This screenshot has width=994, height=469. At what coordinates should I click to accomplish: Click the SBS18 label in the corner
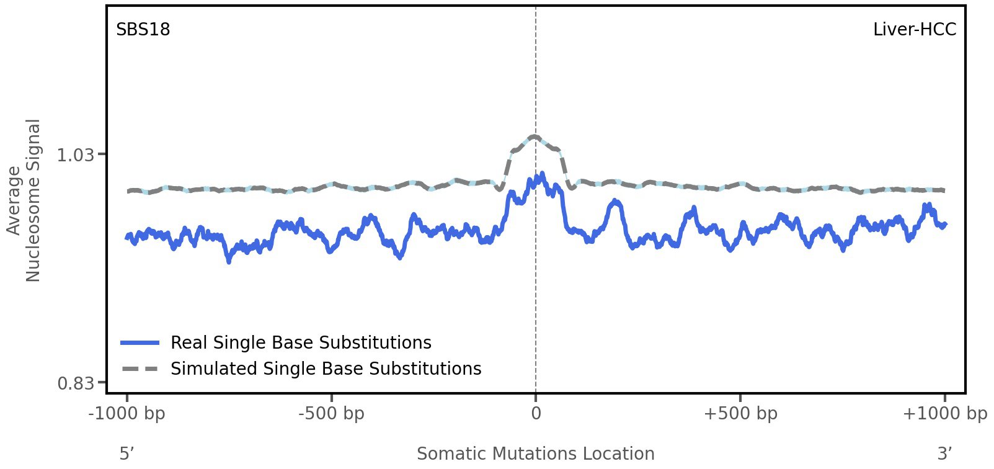pyautogui.click(x=143, y=30)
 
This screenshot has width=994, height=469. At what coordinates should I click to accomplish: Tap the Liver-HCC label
pyautogui.click(x=914, y=30)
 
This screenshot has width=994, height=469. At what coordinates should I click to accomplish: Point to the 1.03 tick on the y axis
pyautogui.click(x=75, y=154)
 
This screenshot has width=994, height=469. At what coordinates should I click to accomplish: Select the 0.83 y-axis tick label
pyautogui.click(x=75, y=383)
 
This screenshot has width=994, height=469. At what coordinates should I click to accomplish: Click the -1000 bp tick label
pyautogui.click(x=127, y=414)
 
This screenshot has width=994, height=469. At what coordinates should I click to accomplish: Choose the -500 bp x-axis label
pyautogui.click(x=331, y=414)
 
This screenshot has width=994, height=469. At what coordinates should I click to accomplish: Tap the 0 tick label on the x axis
pyautogui.click(x=536, y=414)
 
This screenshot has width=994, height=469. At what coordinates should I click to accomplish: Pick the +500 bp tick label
pyautogui.click(x=740, y=414)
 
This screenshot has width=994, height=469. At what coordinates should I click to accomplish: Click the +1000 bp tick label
pyautogui.click(x=944, y=414)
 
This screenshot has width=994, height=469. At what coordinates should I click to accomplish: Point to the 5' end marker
pyautogui.click(x=126, y=453)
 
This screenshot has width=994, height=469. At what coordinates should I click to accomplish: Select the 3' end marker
pyautogui.click(x=944, y=453)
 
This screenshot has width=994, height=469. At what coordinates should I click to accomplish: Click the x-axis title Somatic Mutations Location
pyautogui.click(x=535, y=453)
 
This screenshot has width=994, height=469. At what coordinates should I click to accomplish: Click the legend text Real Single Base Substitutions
pyautogui.click(x=301, y=342)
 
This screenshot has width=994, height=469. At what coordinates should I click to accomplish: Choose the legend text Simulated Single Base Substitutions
pyautogui.click(x=326, y=368)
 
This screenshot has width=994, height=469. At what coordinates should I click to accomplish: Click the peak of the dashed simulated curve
pyautogui.click(x=535, y=136)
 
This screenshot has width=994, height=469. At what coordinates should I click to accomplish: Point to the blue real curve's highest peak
pyautogui.click(x=542, y=174)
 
